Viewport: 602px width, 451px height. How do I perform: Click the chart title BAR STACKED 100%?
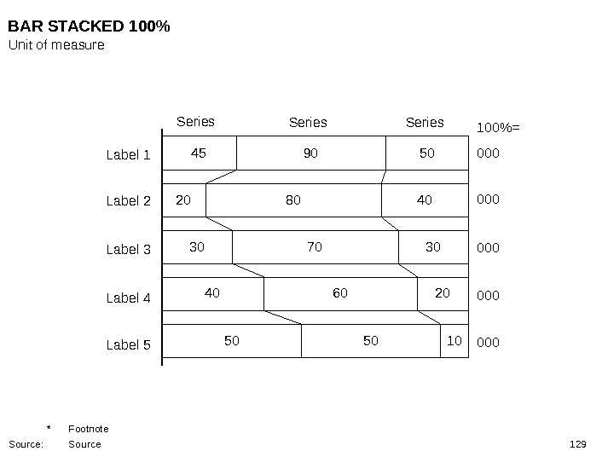[90, 27]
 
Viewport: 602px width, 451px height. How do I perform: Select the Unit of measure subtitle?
[56, 45]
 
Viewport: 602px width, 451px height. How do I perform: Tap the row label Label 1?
[128, 155]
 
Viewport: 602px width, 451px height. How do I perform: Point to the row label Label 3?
[128, 250]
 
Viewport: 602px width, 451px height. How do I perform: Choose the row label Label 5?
[128, 345]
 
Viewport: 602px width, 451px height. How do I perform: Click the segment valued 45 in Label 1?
[199, 154]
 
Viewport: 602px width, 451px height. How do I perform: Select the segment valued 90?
[310, 154]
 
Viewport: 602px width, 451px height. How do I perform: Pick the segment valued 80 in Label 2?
[293, 201]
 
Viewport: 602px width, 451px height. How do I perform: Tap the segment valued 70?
[315, 248]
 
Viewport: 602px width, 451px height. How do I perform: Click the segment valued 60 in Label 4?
[340, 294]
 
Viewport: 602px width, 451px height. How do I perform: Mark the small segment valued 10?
[454, 341]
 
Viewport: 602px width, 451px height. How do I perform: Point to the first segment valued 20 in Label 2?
[183, 201]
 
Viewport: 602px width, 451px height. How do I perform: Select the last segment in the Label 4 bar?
[443, 294]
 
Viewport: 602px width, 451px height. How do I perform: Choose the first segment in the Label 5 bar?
[232, 341]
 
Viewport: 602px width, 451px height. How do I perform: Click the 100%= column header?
[497, 128]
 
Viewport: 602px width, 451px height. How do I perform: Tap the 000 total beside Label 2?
[488, 199]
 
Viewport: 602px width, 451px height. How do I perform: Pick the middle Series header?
[308, 123]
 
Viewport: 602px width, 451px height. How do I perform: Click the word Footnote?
[88, 428]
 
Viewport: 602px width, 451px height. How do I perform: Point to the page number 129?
[578, 444]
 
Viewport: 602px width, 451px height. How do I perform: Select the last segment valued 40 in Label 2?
[425, 201]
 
